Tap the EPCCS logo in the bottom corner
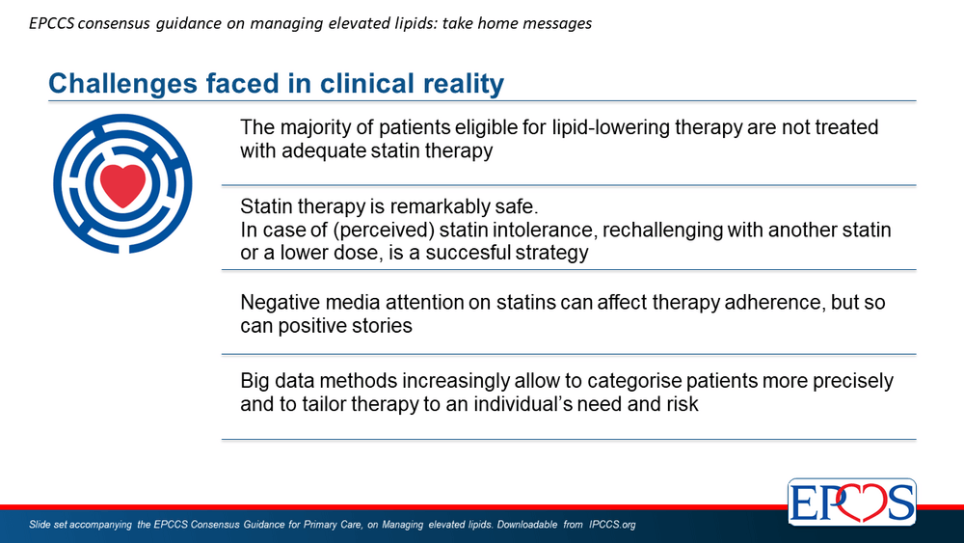(x=852, y=502)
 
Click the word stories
(x=382, y=325)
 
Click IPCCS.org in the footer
(x=612, y=526)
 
